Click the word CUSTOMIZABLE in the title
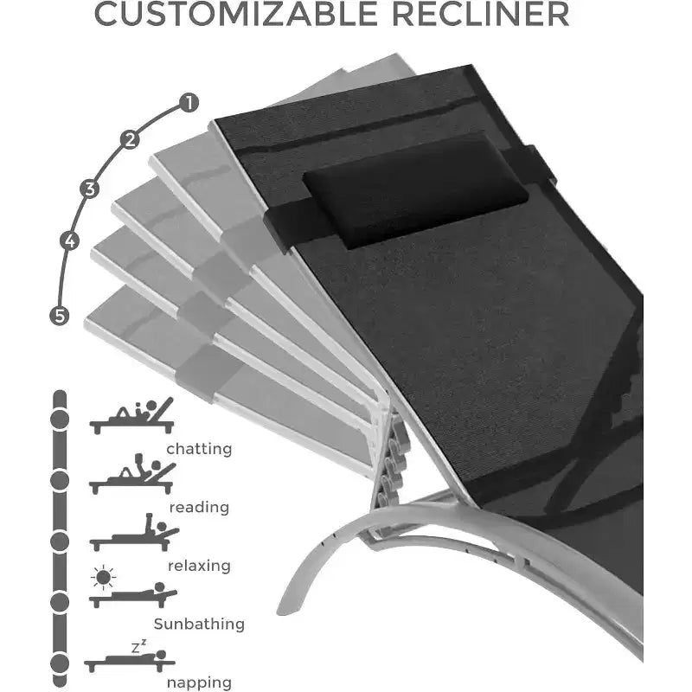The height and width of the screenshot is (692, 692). pos(236,14)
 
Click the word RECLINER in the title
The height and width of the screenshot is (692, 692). pos(481,14)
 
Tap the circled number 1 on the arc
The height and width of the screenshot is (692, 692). pos(189,103)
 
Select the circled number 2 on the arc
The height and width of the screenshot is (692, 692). pos(130,139)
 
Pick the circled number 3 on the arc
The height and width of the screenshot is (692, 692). pos(90,189)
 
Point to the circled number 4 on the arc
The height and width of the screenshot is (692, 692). pos(69,241)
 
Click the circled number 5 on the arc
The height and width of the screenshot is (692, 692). pos(59,316)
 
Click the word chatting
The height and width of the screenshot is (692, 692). pos(199,449)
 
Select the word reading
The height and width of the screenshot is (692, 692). pos(199,508)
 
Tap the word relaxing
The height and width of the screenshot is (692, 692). pos(199,566)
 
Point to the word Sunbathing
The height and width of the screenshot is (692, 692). pos(199,624)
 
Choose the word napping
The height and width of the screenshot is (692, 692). pos(199,682)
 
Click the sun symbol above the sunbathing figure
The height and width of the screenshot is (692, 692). pos(103,577)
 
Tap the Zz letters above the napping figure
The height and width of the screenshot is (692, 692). pos(138,646)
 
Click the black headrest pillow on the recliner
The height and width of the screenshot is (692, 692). pos(415,192)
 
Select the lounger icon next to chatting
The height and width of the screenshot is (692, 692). pos(131,416)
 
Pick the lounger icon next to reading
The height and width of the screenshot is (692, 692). pos(132,473)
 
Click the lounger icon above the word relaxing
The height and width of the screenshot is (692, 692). pos(134,533)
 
